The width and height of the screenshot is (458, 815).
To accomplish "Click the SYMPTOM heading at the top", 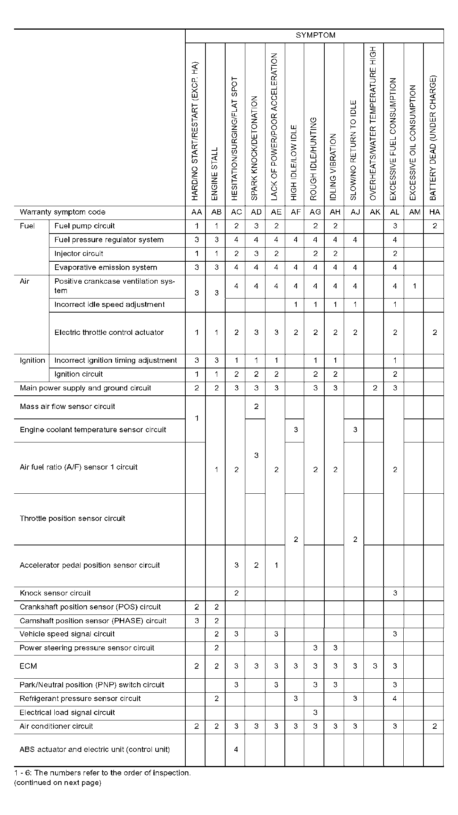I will [315, 35].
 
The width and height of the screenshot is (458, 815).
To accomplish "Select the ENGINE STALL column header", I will [215, 174].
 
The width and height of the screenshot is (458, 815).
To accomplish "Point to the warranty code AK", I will [375, 212].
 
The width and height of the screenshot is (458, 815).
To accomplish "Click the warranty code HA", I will [434, 212].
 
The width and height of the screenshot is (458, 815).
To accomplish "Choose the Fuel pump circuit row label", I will [84, 226].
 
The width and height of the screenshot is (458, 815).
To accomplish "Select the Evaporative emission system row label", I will [106, 267].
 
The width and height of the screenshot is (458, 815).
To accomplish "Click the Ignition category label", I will [32, 360].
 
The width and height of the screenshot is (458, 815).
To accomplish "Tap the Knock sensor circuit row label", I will [55, 593].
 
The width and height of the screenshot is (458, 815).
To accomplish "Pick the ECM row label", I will [28, 666].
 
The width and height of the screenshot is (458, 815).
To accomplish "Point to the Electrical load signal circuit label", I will [67, 712].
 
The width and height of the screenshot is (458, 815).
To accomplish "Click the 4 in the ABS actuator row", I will [236, 749].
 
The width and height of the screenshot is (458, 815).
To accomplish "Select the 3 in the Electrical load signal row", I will [315, 712].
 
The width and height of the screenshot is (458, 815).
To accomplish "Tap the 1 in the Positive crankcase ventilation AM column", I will [415, 286].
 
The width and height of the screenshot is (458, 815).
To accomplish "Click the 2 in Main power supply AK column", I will [375, 388].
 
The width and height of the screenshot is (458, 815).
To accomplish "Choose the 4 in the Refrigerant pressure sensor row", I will [395, 698].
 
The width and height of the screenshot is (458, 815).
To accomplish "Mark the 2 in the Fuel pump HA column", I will [434, 226].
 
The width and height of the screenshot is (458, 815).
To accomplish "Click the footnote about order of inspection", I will [103, 773].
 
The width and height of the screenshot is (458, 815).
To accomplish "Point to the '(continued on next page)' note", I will [58, 782].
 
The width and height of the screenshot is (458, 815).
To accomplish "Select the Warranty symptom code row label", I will [63, 212].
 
